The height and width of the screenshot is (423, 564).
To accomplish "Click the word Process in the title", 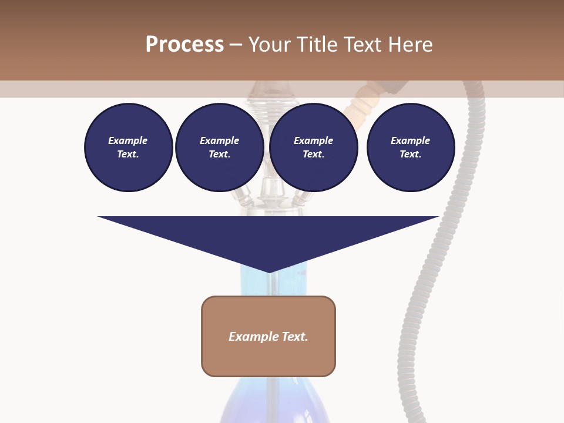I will click(x=184, y=45).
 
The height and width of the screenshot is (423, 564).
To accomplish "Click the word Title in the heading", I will click(x=316, y=45).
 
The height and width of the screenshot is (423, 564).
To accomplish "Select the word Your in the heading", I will click(x=269, y=45).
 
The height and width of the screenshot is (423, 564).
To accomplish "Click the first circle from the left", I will click(x=128, y=147).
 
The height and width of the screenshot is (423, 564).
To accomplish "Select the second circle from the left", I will click(x=219, y=147).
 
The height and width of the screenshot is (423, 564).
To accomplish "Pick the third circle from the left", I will click(x=313, y=147).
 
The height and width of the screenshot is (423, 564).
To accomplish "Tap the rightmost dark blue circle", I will click(x=410, y=147).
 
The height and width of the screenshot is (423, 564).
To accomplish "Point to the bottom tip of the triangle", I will click(x=269, y=272).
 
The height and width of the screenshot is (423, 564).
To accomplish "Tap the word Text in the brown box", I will click(x=296, y=337).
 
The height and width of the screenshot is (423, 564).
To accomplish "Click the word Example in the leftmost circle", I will click(x=128, y=140).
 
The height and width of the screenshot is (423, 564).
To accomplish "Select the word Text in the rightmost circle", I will click(x=410, y=155).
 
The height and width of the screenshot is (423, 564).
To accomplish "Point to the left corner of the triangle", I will click(x=99, y=217).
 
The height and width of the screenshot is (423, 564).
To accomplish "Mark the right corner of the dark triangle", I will click(x=438, y=217).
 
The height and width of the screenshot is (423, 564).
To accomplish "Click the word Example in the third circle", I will click(x=313, y=140).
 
